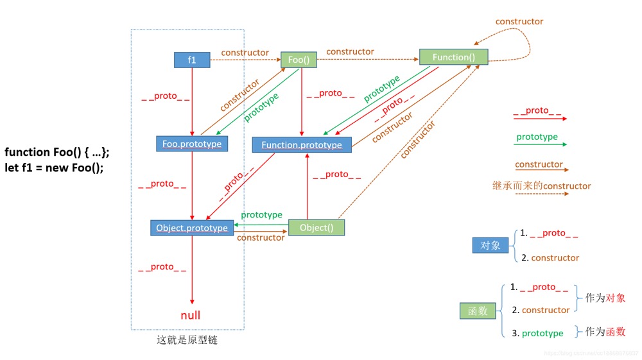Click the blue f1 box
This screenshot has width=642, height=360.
(192, 60)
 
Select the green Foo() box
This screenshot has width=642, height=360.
(299, 60)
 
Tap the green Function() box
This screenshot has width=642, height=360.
(453, 57)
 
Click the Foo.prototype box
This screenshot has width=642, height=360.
(192, 144)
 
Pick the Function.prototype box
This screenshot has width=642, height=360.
(302, 145)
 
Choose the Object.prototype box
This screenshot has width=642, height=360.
(192, 227)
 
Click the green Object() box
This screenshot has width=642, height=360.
(316, 228)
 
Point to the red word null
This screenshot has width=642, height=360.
(190, 315)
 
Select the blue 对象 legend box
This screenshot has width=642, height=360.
(490, 245)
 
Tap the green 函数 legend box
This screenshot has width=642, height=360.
(478, 311)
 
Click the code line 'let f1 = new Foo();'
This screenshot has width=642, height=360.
(55, 167)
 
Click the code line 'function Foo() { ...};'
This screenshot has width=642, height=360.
(57, 152)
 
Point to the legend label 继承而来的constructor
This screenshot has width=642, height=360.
(541, 186)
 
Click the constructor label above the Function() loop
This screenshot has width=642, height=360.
(519, 22)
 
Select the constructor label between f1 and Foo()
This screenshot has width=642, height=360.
(245, 52)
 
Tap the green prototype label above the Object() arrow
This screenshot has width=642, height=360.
(261, 214)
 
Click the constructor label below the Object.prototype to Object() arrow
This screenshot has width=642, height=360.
(261, 237)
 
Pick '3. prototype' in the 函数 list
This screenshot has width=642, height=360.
(537, 333)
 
